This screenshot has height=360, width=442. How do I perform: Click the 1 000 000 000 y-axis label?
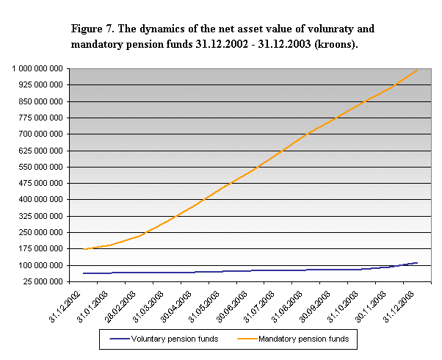[x=37, y=68]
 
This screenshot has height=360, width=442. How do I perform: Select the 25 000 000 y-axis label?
[x=43, y=281]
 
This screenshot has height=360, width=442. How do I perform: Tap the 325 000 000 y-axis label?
[x=40, y=216]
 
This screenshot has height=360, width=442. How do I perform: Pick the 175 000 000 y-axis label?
[x=40, y=249]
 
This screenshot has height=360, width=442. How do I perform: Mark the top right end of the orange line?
[x=417, y=69]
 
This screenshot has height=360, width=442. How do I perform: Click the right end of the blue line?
[x=417, y=262]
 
